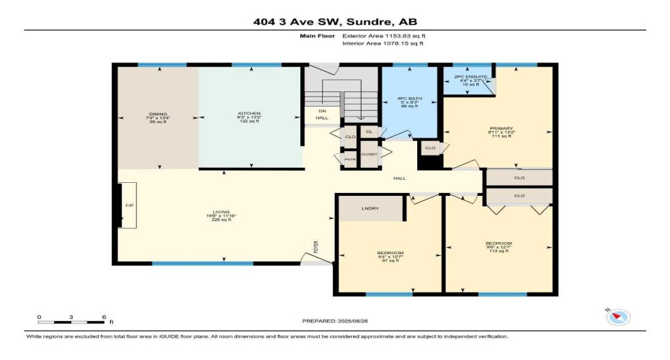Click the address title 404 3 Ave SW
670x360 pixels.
pos(334,21)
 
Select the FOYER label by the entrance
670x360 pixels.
pos(315,248)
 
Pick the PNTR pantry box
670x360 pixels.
pos(349,158)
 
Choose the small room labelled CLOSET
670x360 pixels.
pos(369,155)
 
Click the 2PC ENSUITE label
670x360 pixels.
pos(470,76)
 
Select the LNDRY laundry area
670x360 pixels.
pos(372,209)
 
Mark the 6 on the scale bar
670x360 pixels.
pos(105,318)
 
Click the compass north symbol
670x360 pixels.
pos(619,316)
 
